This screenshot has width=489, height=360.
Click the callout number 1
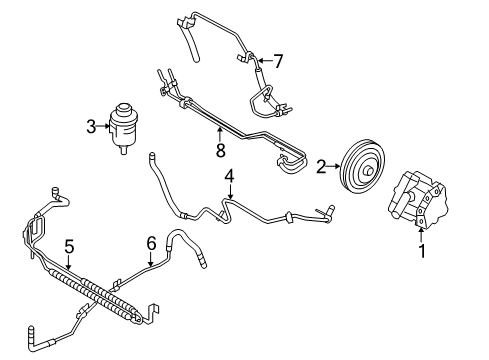click(x=421, y=252)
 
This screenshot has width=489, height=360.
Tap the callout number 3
click(x=90, y=127)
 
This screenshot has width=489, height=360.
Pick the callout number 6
click(x=151, y=243)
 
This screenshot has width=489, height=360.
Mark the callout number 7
click(x=279, y=61)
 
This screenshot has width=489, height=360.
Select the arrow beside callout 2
click(x=336, y=168)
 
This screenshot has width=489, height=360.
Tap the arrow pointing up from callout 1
click(x=421, y=237)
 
